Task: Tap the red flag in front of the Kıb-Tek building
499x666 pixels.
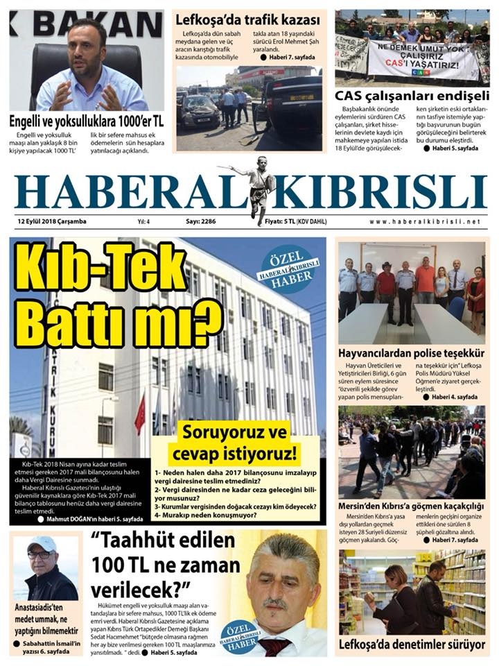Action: tap(140, 413)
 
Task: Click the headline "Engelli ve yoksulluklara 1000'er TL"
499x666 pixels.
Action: tap(86, 119)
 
